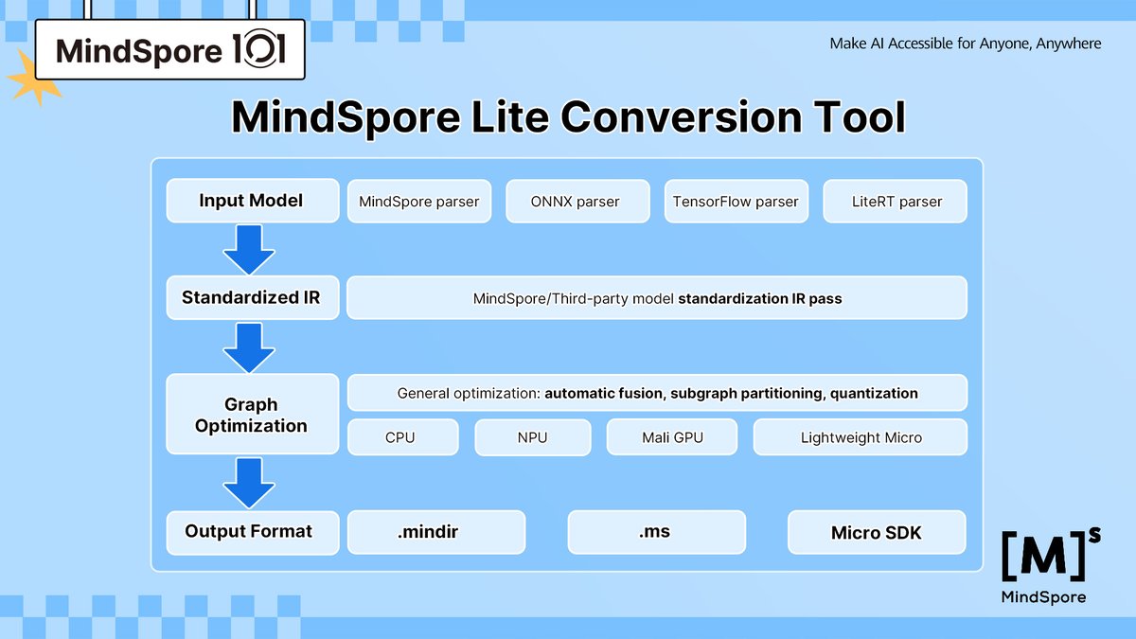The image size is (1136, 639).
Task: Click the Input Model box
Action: [252, 201]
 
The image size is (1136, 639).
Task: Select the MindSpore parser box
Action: [419, 202]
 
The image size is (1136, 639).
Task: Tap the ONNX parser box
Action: [577, 202]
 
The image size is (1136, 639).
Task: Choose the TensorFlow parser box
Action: [736, 202]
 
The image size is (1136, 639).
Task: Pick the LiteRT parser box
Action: [896, 202]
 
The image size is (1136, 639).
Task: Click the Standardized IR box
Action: [252, 297]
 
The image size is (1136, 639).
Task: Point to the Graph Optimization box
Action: [252, 415]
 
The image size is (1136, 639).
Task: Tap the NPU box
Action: [532, 437]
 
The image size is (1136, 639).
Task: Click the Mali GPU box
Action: [672, 437]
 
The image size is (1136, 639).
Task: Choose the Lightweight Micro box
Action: [861, 437]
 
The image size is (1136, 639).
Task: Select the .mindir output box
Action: [436, 532]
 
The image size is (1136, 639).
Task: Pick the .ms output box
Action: [656, 532]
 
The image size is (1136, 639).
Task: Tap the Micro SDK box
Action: [877, 532]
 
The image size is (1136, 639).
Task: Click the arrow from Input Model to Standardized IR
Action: [249, 249]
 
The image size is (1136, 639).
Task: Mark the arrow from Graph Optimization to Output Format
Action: [249, 483]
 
